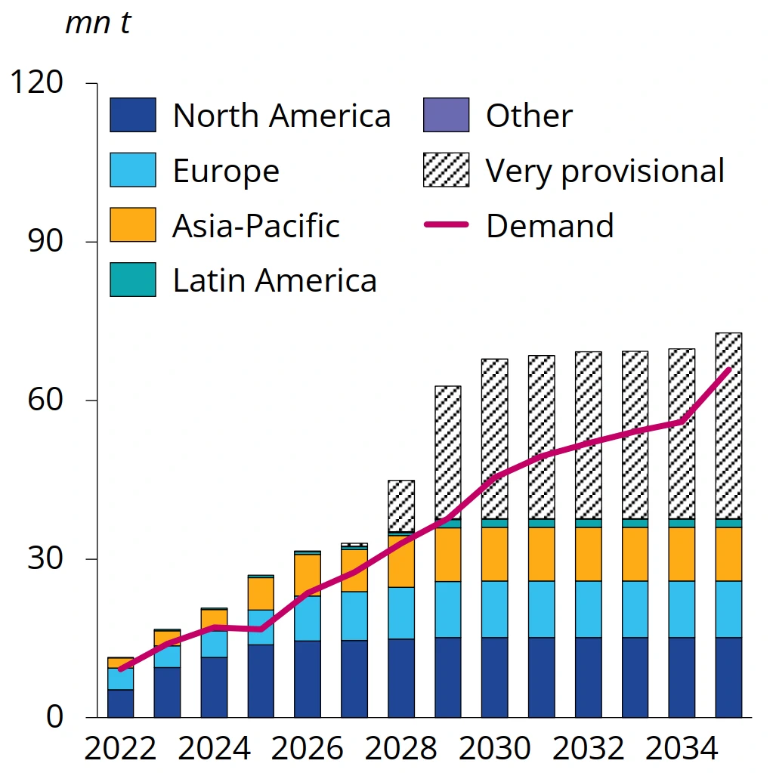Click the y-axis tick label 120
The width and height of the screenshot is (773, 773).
pos(36,82)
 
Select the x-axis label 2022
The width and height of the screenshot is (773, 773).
pos(120,749)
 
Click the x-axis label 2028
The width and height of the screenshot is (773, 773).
pos(401,749)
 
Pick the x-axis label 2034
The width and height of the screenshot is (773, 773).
pos(682,749)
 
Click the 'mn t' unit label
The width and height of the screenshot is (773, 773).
pos(98,23)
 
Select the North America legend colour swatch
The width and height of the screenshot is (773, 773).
pos(133,116)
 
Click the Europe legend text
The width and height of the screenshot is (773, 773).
pos(226,171)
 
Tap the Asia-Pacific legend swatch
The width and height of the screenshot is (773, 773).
pos(133,225)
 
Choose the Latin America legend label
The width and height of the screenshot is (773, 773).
pos(274,280)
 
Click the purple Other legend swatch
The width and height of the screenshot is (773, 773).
pos(446,116)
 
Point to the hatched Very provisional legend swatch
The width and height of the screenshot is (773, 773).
pos(446,171)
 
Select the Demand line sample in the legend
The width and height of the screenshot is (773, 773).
pos(446,225)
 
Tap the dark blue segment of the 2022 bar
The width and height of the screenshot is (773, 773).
pos(120,703)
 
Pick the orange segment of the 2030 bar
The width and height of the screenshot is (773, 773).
pos(495,554)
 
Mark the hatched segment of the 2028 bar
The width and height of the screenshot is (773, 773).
pos(401,506)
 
